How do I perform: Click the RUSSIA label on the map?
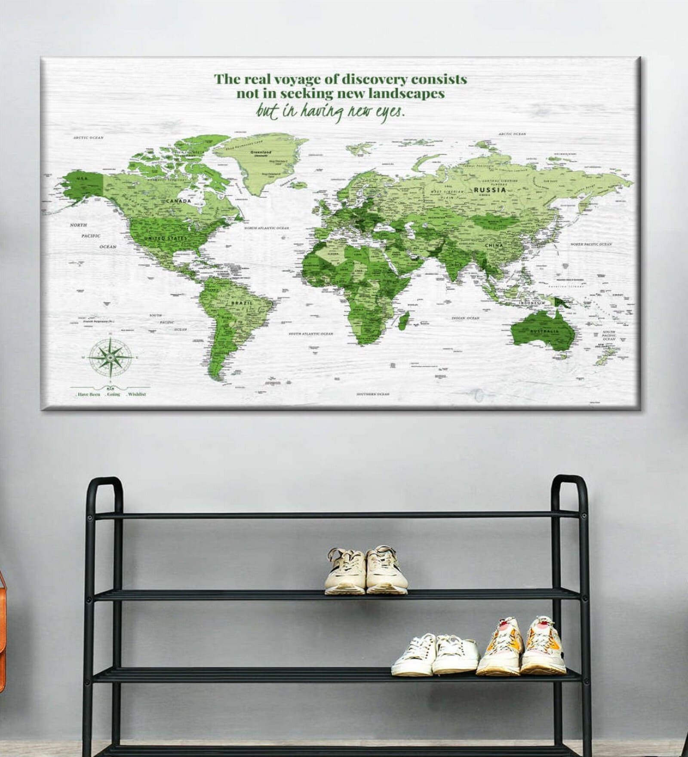pyautogui.click(x=490, y=189)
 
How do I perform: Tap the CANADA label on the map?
pyautogui.click(x=178, y=201)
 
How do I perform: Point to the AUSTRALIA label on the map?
pyautogui.click(x=544, y=331)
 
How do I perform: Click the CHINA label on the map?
pyautogui.click(x=494, y=245)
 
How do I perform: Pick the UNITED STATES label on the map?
pyautogui.click(x=166, y=238)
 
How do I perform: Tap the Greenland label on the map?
pyautogui.click(x=261, y=152)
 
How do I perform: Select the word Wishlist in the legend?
pyautogui.click(x=137, y=394)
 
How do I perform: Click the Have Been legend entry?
pyautogui.click(x=89, y=394)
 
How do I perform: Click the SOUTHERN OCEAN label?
pyautogui.click(x=372, y=394)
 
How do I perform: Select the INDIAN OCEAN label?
pyautogui.click(x=465, y=318)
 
